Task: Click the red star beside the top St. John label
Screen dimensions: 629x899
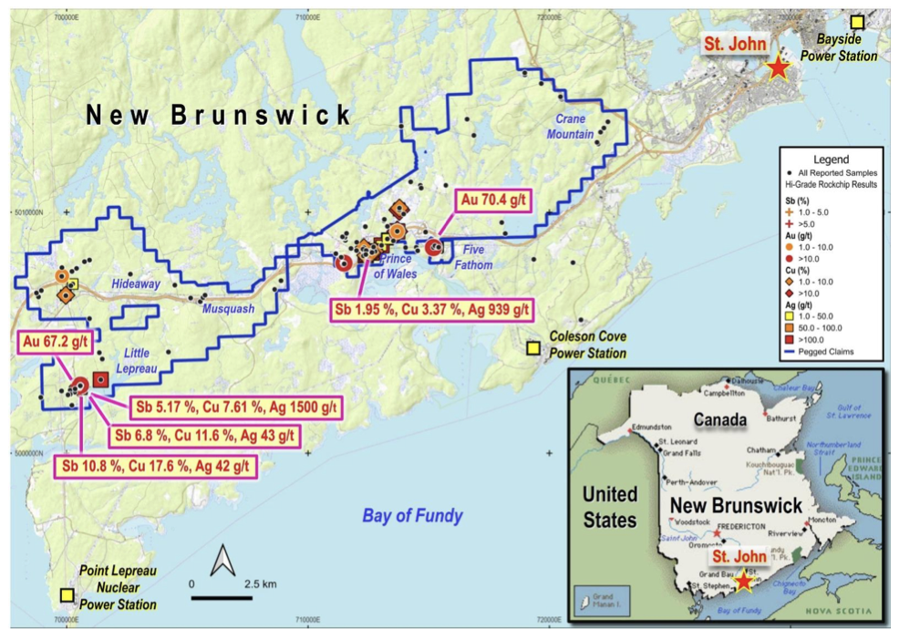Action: (x=777, y=67)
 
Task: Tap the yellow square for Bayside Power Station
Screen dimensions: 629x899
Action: (x=857, y=23)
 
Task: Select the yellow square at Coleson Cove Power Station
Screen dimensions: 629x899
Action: (x=532, y=347)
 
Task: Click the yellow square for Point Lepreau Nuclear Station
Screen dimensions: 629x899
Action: (x=67, y=594)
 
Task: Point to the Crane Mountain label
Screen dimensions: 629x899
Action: (x=570, y=127)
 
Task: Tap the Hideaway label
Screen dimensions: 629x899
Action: (x=136, y=284)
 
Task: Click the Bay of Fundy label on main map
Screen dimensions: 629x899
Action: (x=412, y=516)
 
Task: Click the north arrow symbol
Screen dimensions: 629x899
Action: (x=222, y=561)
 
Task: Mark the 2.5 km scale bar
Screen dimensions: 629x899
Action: (x=222, y=597)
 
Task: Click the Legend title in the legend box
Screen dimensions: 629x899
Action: (x=831, y=159)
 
